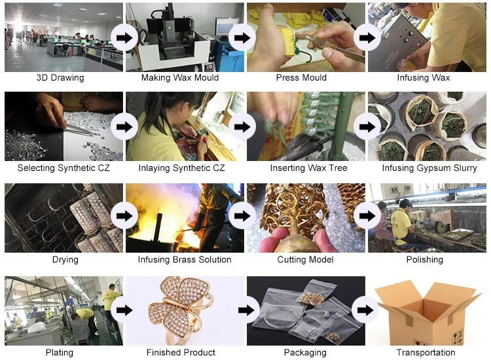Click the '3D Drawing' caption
click(60, 78)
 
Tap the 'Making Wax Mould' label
click(180, 78)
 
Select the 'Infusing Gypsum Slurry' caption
click(425, 168)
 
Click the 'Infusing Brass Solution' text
click(185, 260)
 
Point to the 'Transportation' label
click(425, 353)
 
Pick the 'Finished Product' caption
click(181, 353)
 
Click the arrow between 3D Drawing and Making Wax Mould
click(124, 37)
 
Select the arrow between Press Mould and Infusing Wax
click(367, 37)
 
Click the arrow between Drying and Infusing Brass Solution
click(124, 217)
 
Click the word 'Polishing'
click(425, 260)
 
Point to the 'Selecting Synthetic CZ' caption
click(64, 168)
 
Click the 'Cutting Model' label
click(302, 260)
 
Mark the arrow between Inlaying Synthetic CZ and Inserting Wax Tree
click(245, 126)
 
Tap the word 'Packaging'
click(305, 353)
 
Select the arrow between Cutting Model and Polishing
click(367, 217)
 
